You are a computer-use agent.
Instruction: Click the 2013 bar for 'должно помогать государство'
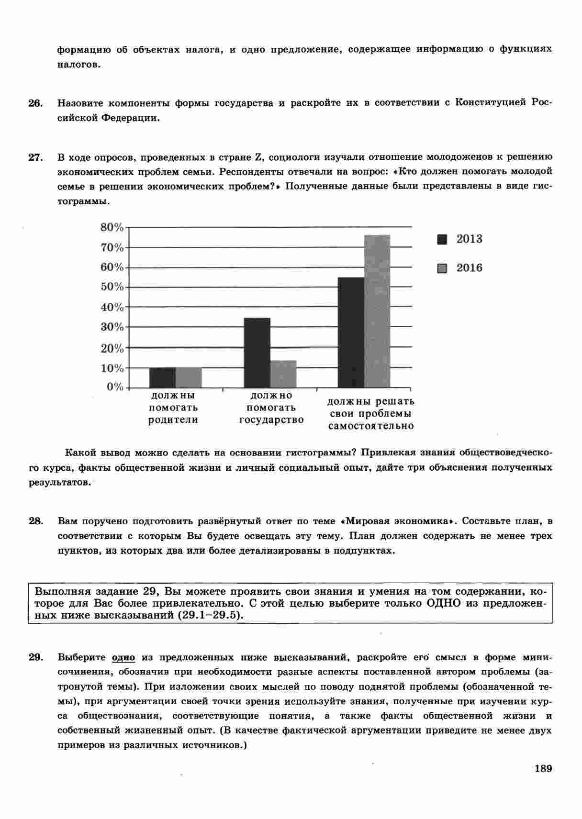point(257,352)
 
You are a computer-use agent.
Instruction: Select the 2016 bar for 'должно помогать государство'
point(283,374)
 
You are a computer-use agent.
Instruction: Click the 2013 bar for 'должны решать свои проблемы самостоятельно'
point(351,332)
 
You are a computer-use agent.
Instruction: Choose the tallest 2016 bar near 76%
point(377,311)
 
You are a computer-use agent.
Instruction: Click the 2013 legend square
point(442,239)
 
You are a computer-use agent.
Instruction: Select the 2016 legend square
point(442,268)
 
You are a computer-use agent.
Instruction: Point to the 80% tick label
point(112,227)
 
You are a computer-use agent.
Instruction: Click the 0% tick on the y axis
point(115,387)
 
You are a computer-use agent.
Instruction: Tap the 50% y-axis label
point(112,287)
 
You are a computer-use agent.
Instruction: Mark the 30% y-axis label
point(112,327)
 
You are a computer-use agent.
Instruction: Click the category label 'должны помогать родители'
point(173,408)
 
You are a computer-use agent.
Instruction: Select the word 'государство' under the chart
point(271,421)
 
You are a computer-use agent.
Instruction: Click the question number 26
point(35,103)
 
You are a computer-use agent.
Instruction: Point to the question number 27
point(35,157)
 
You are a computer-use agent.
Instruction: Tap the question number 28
point(35,521)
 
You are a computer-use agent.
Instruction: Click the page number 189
point(543,768)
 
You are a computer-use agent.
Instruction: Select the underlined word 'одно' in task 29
point(123,657)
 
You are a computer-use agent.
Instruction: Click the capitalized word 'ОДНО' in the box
point(443,603)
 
